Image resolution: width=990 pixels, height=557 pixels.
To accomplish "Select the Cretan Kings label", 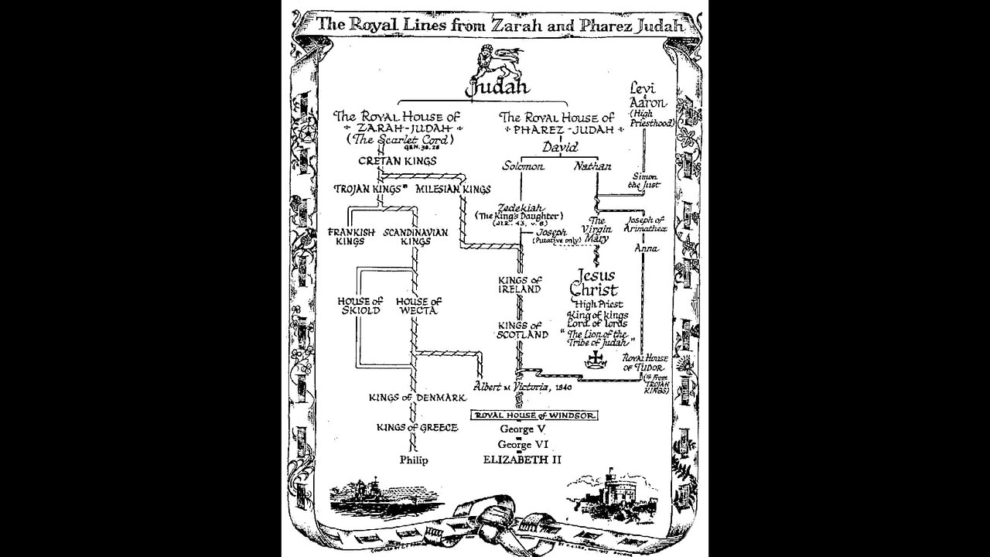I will pyautogui.click(x=397, y=161).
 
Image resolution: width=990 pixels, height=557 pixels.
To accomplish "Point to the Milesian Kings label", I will pyautogui.click(x=452, y=189).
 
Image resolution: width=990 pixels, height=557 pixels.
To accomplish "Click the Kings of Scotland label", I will pyautogui.click(x=524, y=330).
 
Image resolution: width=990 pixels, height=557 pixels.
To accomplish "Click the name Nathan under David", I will pyautogui.click(x=592, y=166).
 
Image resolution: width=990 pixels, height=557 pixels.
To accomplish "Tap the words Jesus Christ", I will pyautogui.click(x=594, y=282).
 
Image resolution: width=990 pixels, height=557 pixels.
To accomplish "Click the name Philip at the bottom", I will pyautogui.click(x=414, y=460).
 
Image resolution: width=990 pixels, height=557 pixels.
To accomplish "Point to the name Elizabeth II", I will pyautogui.click(x=522, y=460).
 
